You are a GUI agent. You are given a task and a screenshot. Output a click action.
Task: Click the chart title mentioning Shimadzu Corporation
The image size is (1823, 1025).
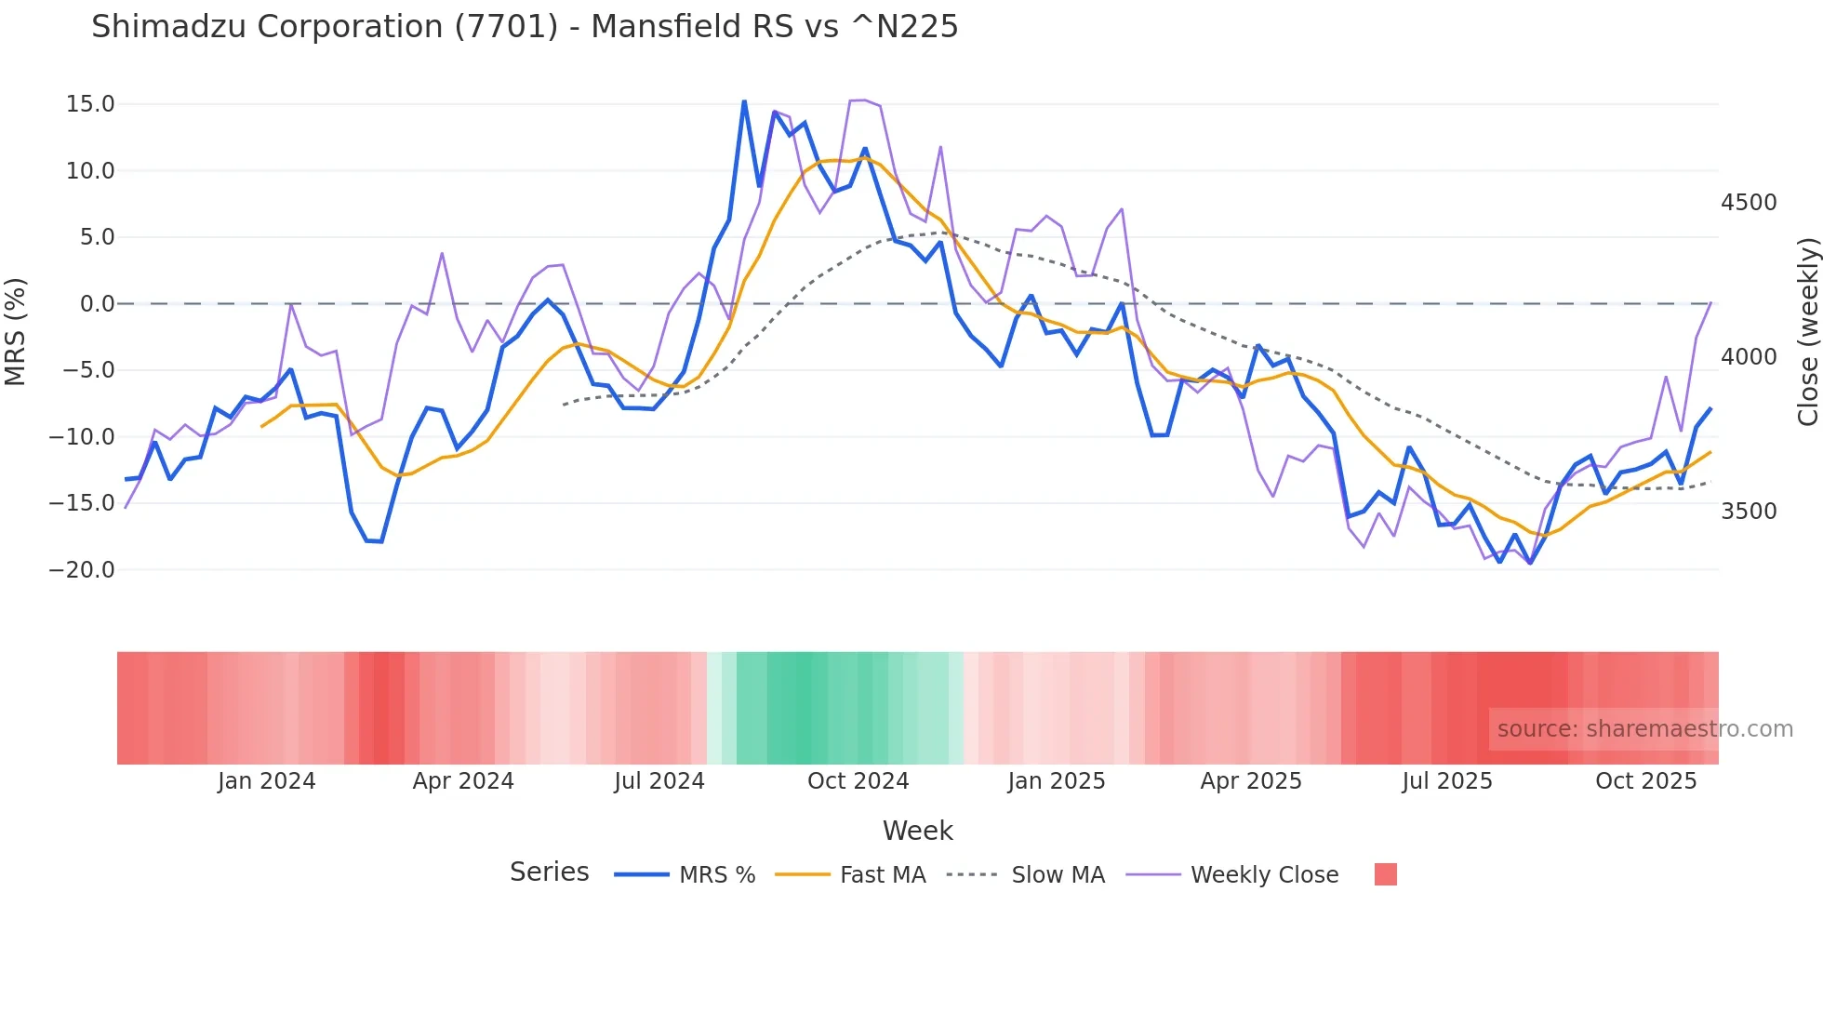(525, 27)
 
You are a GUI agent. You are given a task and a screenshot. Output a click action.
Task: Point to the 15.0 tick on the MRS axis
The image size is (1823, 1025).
(90, 104)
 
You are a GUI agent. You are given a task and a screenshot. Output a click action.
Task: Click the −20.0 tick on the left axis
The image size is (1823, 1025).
(82, 570)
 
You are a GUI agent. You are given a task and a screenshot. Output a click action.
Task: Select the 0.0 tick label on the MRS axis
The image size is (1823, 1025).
(97, 304)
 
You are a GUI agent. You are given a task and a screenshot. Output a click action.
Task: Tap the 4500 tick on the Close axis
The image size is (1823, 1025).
(1749, 203)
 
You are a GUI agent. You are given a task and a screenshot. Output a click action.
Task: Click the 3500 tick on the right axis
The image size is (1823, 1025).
(1749, 512)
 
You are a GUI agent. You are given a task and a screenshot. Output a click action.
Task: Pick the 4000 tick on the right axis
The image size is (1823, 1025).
(1749, 357)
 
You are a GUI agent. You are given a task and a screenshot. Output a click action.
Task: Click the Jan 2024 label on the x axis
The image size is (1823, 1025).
(267, 781)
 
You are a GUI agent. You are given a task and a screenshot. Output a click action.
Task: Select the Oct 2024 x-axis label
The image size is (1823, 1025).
(858, 781)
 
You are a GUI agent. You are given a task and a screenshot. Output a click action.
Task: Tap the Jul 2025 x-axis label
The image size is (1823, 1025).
(1447, 781)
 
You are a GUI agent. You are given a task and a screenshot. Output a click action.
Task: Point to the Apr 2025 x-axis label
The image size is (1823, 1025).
(1251, 781)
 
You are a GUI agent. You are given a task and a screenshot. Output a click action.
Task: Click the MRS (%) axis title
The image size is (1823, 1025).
(16, 331)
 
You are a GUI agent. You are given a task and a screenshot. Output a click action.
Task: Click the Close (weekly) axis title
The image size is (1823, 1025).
(1807, 332)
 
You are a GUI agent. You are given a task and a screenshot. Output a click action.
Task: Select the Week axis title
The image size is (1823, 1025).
(917, 831)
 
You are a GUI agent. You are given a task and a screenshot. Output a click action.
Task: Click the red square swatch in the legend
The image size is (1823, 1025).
(1386, 874)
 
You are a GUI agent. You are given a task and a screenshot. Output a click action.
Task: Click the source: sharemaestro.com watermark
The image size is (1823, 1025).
(1644, 729)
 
